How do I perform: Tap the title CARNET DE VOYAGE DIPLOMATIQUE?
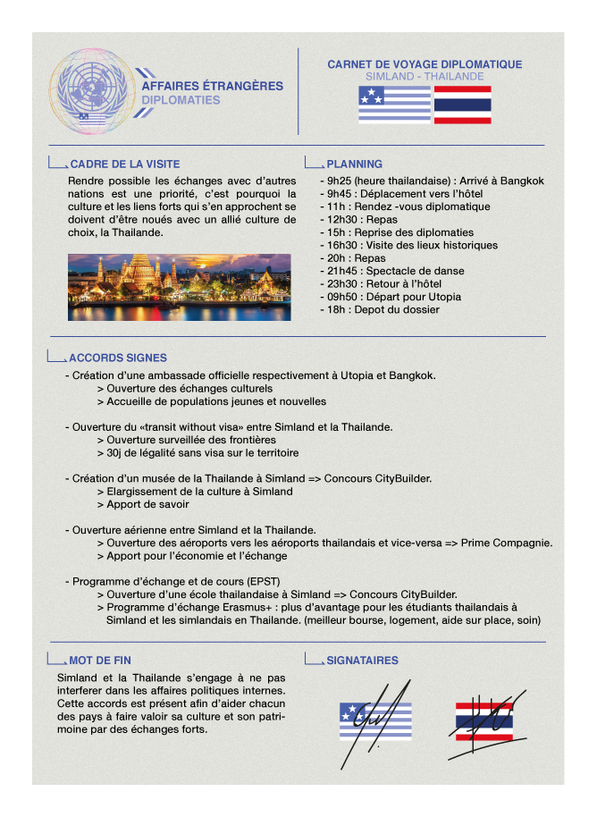(x=425, y=64)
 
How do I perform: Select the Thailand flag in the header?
(x=462, y=105)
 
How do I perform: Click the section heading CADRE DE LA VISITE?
(x=124, y=164)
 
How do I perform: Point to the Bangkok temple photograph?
(x=179, y=287)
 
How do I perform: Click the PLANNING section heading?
(x=354, y=164)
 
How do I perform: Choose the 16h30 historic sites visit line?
(x=412, y=245)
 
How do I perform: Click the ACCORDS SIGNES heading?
(x=117, y=358)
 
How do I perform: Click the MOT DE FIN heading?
(x=99, y=661)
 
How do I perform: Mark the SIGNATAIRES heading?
(x=362, y=661)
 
